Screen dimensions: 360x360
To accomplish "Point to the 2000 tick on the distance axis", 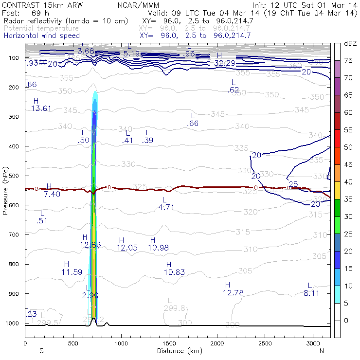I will click(217, 343).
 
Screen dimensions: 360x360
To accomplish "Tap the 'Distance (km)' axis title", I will click(178, 351).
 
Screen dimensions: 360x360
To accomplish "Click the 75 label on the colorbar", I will click(349, 60).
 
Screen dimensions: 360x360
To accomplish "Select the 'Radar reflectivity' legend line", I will click(66, 21).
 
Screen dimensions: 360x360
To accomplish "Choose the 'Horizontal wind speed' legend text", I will click(42, 36).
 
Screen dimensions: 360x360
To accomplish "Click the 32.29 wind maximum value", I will click(225, 63).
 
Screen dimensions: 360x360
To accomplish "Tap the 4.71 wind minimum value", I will click(166, 207).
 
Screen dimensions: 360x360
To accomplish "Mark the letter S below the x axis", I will click(41, 351).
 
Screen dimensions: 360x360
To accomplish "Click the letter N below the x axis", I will click(322, 351).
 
